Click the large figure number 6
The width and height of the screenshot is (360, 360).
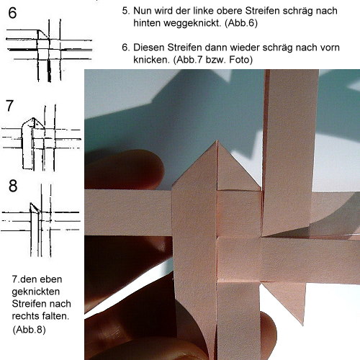12,13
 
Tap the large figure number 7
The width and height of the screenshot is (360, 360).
9,106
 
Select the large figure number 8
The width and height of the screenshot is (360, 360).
13,186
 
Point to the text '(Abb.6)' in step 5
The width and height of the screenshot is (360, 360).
241,23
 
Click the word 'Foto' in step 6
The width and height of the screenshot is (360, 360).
240,60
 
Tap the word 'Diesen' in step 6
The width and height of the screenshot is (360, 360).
148,48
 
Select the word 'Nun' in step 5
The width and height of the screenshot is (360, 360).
143,11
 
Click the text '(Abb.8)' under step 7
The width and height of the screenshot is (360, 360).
29,329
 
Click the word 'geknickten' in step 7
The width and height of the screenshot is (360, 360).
36,292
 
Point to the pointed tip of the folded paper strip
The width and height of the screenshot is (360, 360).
217,140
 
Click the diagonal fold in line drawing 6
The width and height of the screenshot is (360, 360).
43,34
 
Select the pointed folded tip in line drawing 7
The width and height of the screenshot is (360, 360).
34,118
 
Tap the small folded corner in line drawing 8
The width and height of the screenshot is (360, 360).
35,207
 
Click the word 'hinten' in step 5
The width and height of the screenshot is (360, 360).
147,23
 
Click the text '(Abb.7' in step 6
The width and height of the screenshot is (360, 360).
188,60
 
